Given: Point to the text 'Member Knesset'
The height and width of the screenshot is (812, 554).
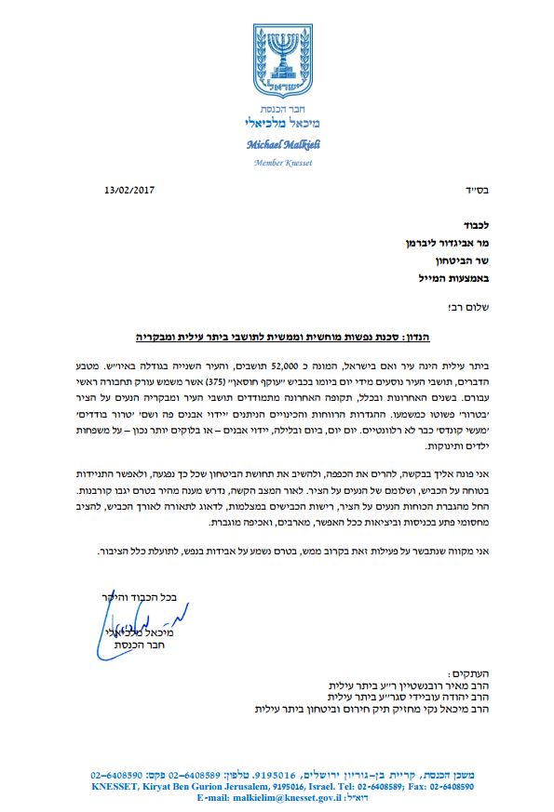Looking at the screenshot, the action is tap(277, 163).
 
